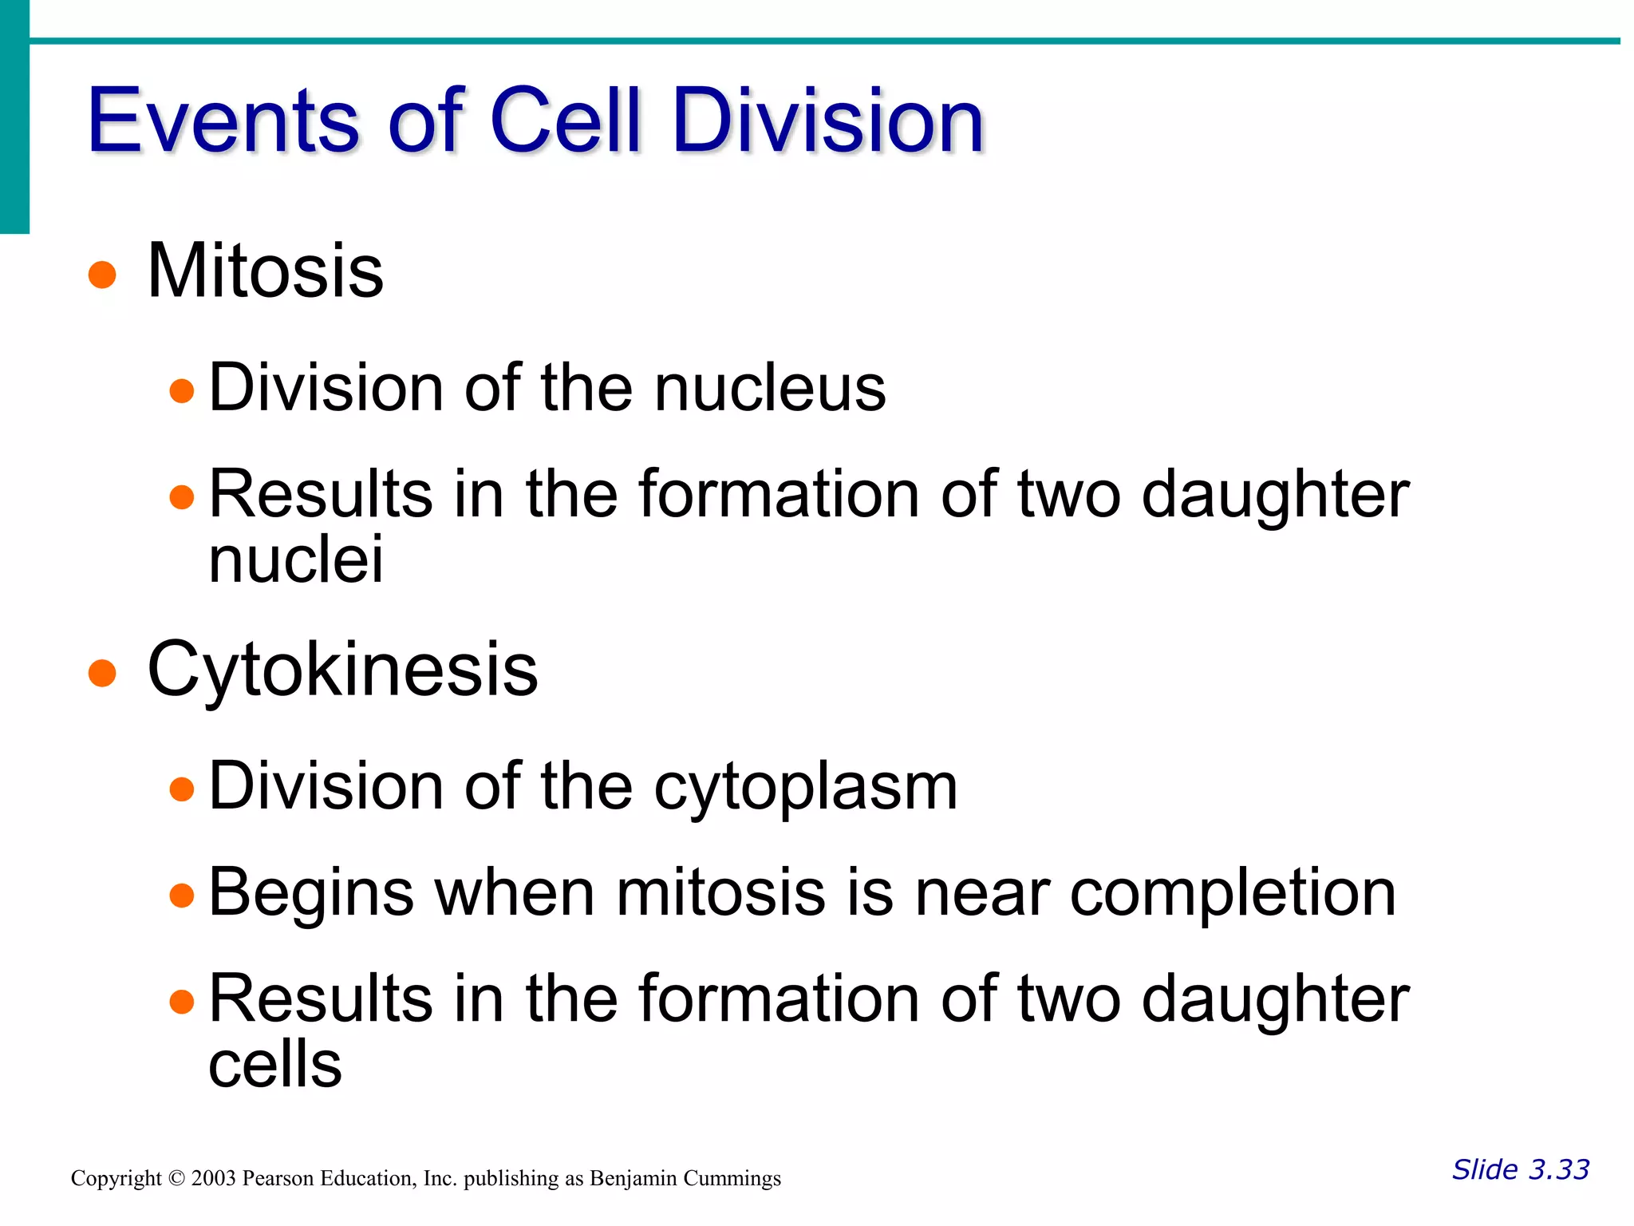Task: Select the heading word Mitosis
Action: click(x=265, y=271)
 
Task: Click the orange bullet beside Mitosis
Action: click(x=102, y=275)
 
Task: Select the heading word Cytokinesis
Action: click(x=343, y=669)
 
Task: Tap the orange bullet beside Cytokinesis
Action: click(x=102, y=673)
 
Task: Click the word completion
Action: click(x=1233, y=892)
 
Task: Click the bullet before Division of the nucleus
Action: click(x=182, y=391)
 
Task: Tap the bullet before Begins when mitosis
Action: click(x=182, y=896)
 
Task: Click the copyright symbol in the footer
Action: click(x=176, y=1179)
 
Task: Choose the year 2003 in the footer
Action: click(x=213, y=1179)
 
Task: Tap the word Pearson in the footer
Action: click(x=278, y=1179)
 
